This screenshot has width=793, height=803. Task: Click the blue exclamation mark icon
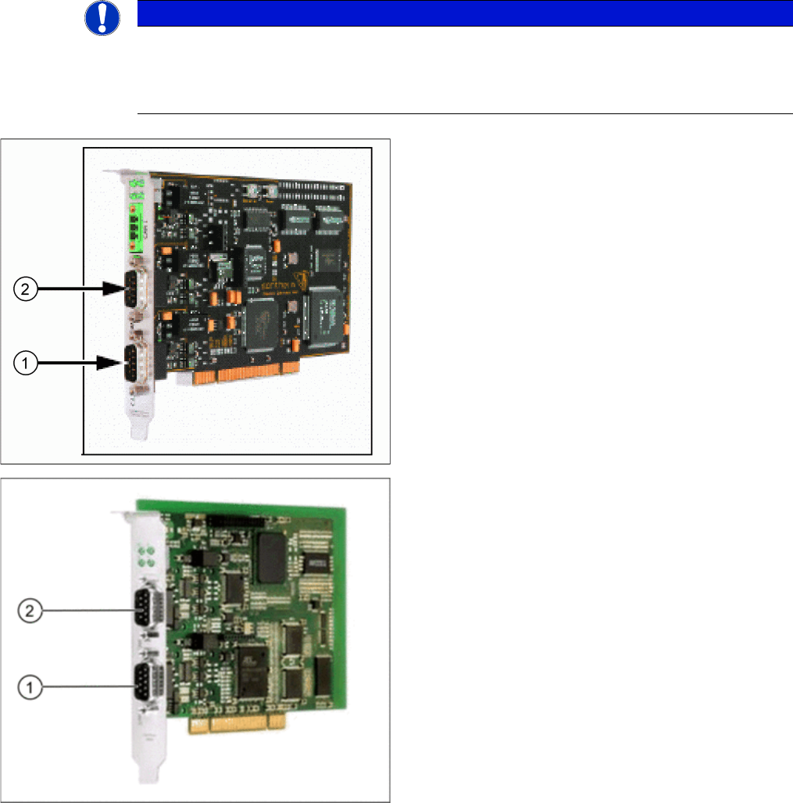(102, 17)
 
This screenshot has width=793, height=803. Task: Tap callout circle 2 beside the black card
(26, 289)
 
